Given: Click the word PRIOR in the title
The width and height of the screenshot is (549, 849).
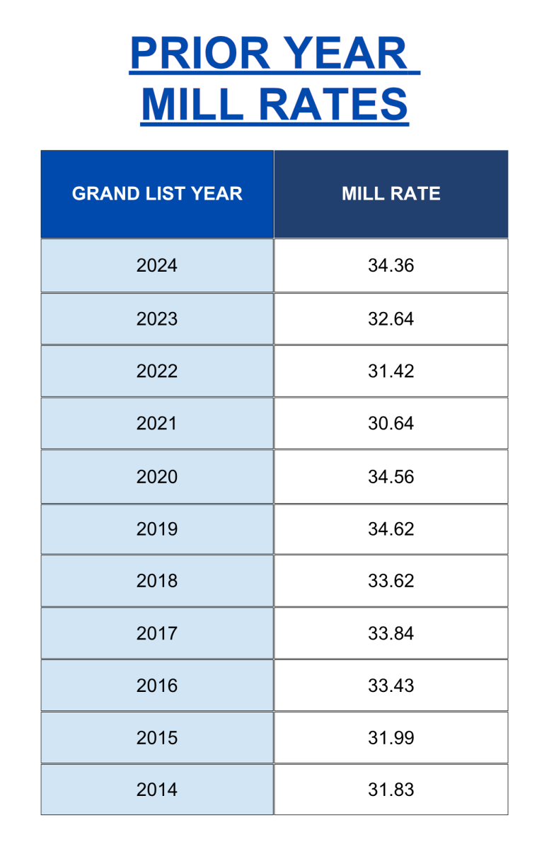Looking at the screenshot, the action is [x=200, y=53].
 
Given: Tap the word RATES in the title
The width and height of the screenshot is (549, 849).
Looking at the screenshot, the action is [x=335, y=104].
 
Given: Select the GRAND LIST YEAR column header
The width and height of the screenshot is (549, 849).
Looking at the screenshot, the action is [x=157, y=194].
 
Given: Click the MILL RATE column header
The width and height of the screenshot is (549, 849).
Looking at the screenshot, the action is [x=391, y=194].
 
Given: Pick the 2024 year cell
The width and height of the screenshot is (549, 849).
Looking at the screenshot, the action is [x=157, y=265].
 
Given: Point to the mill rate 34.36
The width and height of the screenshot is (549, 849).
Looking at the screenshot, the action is [x=391, y=265].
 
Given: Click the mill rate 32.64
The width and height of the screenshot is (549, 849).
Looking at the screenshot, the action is [x=391, y=319].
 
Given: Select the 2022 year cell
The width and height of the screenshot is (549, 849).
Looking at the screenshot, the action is [x=157, y=371].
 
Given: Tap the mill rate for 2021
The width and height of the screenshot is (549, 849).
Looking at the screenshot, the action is [x=391, y=423].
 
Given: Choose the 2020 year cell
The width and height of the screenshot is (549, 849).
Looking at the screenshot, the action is [x=157, y=477].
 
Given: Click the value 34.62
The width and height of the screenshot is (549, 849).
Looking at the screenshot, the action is [x=391, y=529].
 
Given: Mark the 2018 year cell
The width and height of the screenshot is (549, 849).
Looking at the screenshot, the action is [x=157, y=581].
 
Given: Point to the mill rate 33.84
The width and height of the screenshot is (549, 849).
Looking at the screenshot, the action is [x=391, y=633].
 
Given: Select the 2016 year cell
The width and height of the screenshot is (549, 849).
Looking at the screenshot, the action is [x=157, y=686].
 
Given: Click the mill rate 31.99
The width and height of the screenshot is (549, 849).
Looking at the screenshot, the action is [x=391, y=738].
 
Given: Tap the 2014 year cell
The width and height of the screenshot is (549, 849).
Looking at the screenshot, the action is [x=157, y=790].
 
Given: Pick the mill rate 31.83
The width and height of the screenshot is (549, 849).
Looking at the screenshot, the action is [x=391, y=790].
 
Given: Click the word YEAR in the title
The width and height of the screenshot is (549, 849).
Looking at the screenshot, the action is [x=345, y=53].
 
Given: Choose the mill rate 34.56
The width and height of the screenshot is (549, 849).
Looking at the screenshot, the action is [x=391, y=477].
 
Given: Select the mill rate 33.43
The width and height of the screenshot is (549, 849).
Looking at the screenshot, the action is [x=391, y=686].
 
